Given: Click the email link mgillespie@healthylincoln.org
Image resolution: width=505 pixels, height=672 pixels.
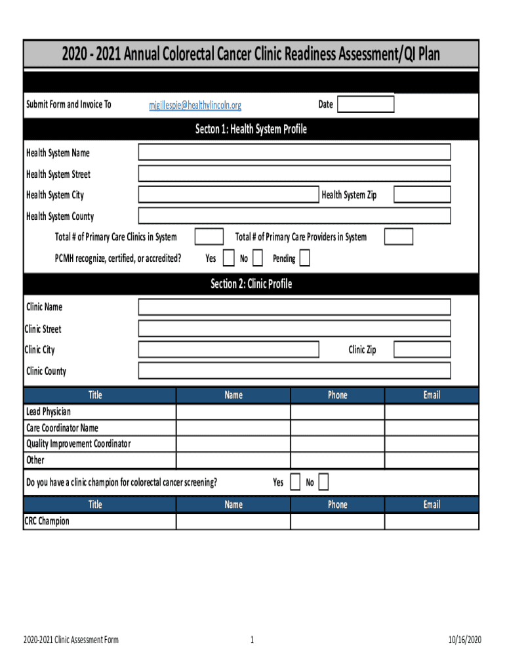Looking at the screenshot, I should (195, 105).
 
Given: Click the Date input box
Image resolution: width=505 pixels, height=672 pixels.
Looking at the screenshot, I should (366, 104).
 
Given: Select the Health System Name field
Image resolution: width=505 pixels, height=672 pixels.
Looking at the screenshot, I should (294, 152).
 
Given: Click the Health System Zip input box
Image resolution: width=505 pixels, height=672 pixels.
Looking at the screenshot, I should (422, 194).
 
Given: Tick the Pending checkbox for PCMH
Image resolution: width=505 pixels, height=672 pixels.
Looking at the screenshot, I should (304, 259).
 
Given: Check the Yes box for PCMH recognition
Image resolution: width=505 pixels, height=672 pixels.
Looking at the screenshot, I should (228, 259).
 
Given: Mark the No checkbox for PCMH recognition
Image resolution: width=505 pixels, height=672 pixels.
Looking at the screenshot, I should (258, 259).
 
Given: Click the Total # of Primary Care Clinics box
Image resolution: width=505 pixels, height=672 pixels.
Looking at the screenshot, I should (209, 237).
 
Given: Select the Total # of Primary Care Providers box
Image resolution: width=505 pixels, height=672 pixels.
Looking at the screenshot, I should (399, 237).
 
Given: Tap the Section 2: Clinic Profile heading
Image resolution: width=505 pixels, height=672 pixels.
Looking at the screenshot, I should (251, 284).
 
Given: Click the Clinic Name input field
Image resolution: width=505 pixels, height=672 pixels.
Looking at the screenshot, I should (294, 307).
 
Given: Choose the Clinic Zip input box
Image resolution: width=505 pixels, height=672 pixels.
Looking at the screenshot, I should (422, 350).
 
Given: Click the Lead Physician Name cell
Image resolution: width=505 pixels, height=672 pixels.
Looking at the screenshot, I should (233, 412).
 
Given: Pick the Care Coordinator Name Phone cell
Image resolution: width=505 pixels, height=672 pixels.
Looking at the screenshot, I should (337, 429).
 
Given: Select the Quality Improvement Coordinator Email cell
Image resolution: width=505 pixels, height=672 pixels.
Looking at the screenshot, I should (432, 444).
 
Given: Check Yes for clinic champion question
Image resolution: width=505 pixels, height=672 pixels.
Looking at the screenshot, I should (294, 483).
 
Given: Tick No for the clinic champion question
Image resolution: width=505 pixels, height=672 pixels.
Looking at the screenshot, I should (323, 483).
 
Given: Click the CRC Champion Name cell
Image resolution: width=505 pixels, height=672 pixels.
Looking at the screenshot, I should (233, 522).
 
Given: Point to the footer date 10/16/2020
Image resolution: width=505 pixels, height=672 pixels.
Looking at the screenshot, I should (465, 640).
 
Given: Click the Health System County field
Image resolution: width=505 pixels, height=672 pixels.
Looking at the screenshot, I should (294, 216).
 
